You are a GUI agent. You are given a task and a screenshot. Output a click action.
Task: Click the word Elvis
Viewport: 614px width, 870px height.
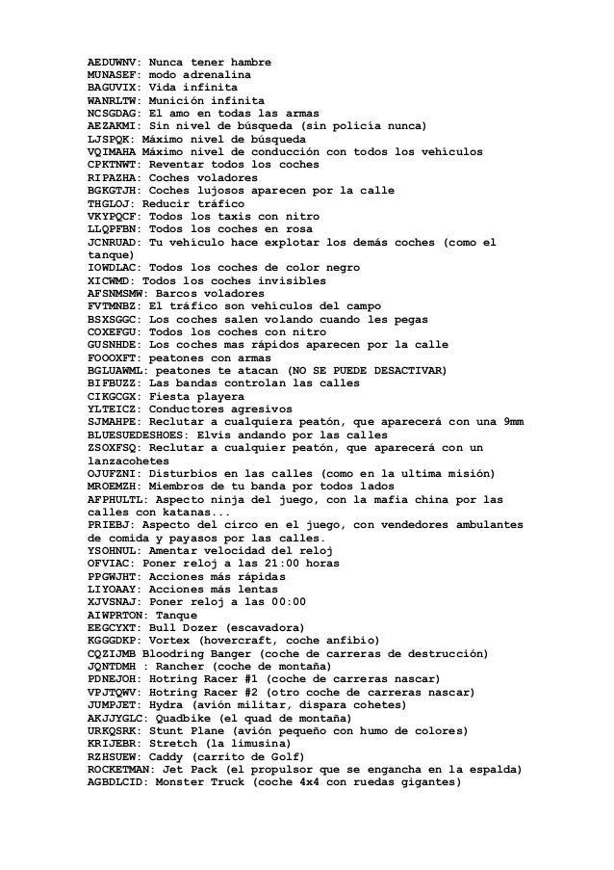click(217, 435)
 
